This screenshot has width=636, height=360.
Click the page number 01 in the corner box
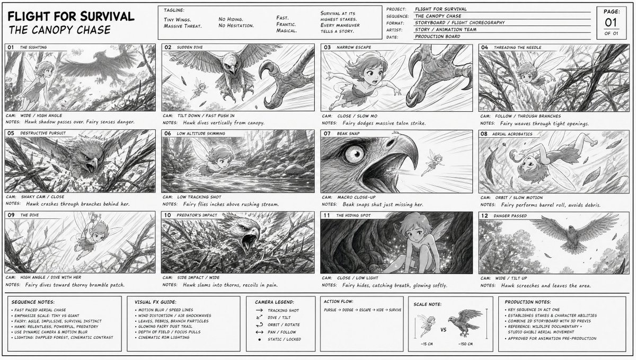click(x=611, y=22)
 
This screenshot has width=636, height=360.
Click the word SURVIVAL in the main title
click(x=107, y=16)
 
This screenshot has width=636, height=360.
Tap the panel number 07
click(x=327, y=134)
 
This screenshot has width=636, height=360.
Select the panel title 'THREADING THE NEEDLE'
click(x=517, y=47)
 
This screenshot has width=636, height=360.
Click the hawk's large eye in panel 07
click(x=355, y=153)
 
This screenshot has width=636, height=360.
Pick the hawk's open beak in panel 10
click(x=249, y=240)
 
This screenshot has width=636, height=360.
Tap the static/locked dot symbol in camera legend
click(x=259, y=339)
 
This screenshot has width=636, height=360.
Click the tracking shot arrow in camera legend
click(x=259, y=310)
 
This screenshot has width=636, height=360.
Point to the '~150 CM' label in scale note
click(x=465, y=344)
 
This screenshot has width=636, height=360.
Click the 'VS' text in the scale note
click(x=444, y=330)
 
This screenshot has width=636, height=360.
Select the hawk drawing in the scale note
click(x=465, y=323)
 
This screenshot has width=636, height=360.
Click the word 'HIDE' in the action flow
click(x=380, y=310)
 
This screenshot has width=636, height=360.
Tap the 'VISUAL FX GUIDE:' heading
click(x=156, y=302)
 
